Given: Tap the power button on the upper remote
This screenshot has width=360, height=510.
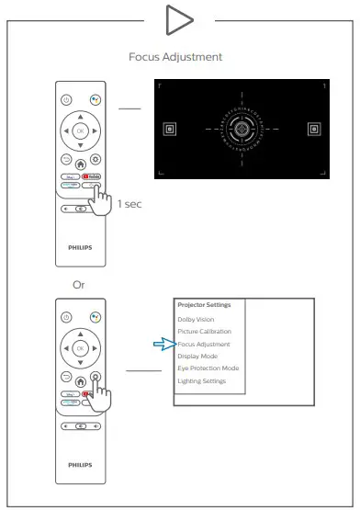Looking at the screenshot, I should (x=64, y=99).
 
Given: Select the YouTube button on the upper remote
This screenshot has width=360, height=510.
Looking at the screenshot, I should (x=92, y=175).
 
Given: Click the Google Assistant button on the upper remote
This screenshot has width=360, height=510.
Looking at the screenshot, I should (x=95, y=99).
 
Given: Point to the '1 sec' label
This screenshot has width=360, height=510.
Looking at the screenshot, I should (x=128, y=202).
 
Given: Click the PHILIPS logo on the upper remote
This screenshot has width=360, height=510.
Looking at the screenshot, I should (x=80, y=247).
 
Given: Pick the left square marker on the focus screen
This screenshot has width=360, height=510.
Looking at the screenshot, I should (x=169, y=130).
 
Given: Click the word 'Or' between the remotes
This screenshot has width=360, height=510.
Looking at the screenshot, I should (x=80, y=285).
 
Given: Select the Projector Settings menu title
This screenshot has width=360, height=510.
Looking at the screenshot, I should (x=205, y=305).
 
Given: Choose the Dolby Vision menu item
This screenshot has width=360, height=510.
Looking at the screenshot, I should (x=196, y=319).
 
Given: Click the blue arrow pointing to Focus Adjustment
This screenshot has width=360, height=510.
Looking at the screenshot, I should (x=163, y=344).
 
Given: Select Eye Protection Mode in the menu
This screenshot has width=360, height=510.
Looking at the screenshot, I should (x=208, y=368).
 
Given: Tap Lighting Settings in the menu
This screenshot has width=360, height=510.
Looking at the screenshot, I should (x=203, y=380).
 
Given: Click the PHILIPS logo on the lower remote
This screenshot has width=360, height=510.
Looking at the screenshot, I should (x=80, y=465).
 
